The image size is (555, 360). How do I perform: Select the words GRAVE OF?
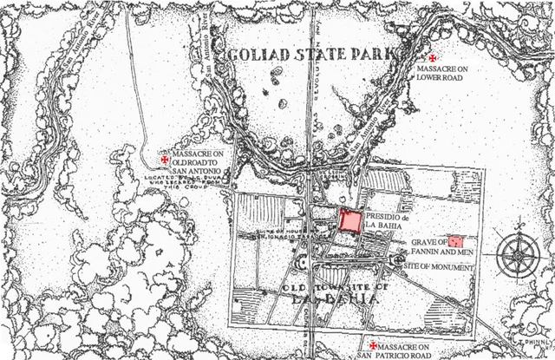coord(429,241)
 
